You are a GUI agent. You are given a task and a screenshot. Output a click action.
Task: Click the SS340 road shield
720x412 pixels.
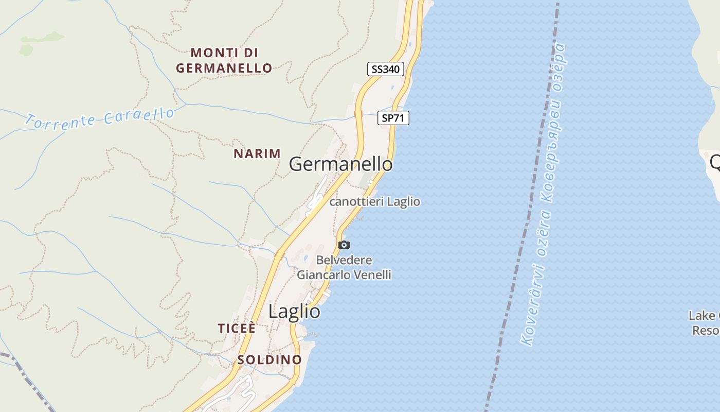tap(386, 68)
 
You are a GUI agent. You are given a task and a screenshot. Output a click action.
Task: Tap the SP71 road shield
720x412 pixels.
tap(393, 118)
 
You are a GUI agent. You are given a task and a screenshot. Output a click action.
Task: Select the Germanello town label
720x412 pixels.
tap(340, 164)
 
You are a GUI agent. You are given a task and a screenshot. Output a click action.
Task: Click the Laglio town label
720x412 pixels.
tap(294, 312)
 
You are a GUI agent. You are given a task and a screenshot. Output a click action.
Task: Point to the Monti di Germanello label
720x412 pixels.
tap(224, 60)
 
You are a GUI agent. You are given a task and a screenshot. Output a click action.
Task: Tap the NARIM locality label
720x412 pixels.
tap(257, 153)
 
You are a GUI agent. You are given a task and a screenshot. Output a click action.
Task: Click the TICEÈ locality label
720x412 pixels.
tap(237, 329)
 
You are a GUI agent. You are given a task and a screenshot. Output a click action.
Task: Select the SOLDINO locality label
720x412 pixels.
tap(269, 359)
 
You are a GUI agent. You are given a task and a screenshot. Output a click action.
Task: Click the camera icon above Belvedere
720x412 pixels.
tap(344, 245)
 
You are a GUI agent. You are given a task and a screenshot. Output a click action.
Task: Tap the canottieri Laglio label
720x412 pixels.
tap(374, 201)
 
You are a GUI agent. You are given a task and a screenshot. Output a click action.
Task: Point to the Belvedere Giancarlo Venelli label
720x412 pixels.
tap(344, 267)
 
